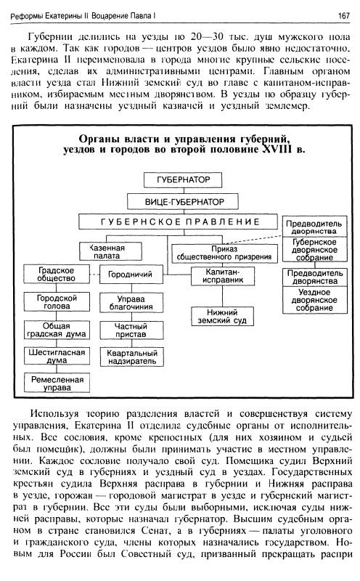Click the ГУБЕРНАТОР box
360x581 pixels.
tap(183, 180)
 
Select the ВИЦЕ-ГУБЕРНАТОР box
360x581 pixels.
tap(183, 202)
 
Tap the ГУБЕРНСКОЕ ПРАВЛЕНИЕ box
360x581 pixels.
tap(178, 222)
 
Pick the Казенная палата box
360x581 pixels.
tap(110, 251)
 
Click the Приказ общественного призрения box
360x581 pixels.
tap(224, 253)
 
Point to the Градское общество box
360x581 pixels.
tap(57, 275)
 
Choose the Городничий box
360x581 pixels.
tap(131, 275)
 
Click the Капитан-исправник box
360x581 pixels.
tap(223, 276)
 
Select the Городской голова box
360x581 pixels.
tap(57, 301)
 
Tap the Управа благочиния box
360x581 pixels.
tap(131, 303)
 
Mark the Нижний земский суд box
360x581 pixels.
tap(222, 317)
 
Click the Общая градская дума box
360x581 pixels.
tap(57, 330)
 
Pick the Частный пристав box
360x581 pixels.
tap(131, 330)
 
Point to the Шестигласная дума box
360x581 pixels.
tap(57, 356)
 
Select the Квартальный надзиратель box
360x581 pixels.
tap(131, 357)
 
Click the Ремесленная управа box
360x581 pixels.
tap(57, 383)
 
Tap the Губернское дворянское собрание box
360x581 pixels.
tap(315, 249)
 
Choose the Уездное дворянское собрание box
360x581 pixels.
tap(315, 300)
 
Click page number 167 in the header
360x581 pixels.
tap(344, 16)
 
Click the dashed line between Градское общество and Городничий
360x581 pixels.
tap(94, 275)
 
